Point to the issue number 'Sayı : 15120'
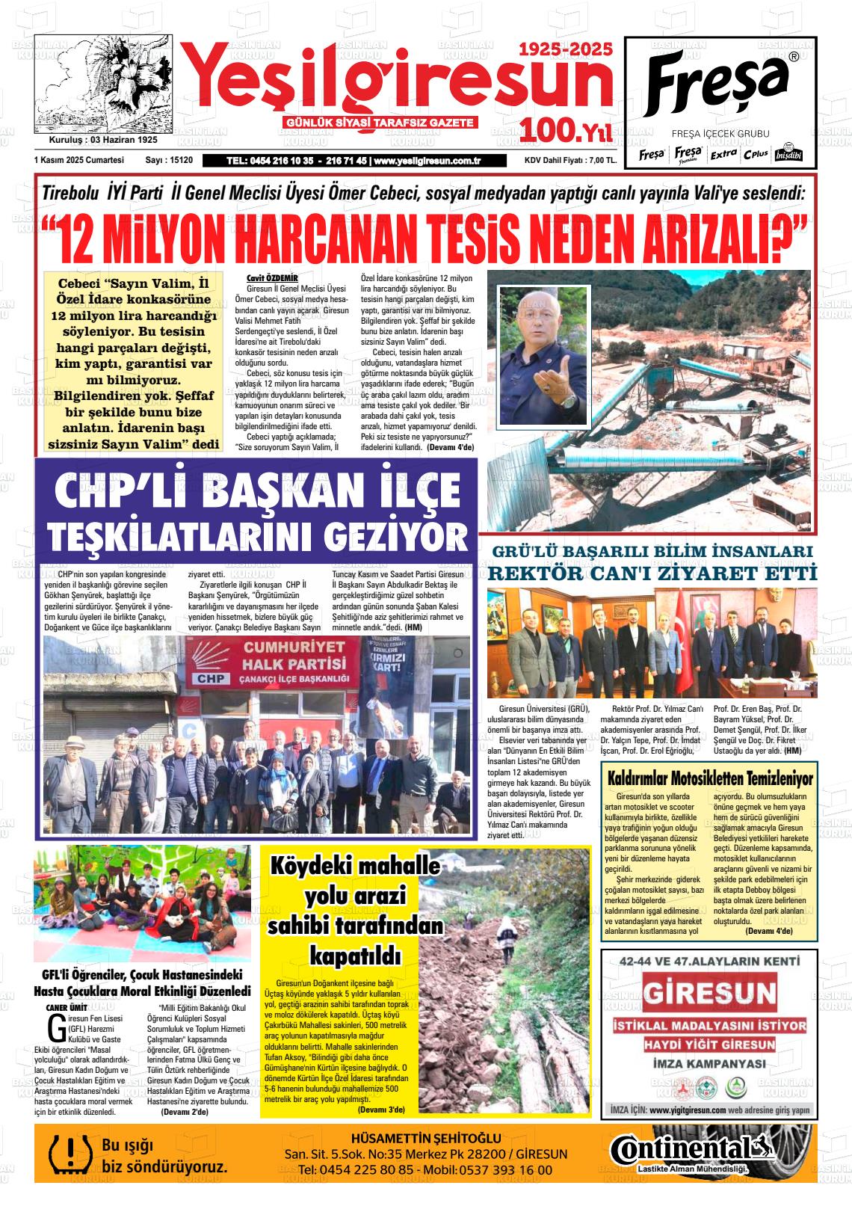169,160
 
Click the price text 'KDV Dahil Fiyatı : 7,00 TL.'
570,160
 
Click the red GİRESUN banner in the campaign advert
710,994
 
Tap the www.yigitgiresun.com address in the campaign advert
688,1110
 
